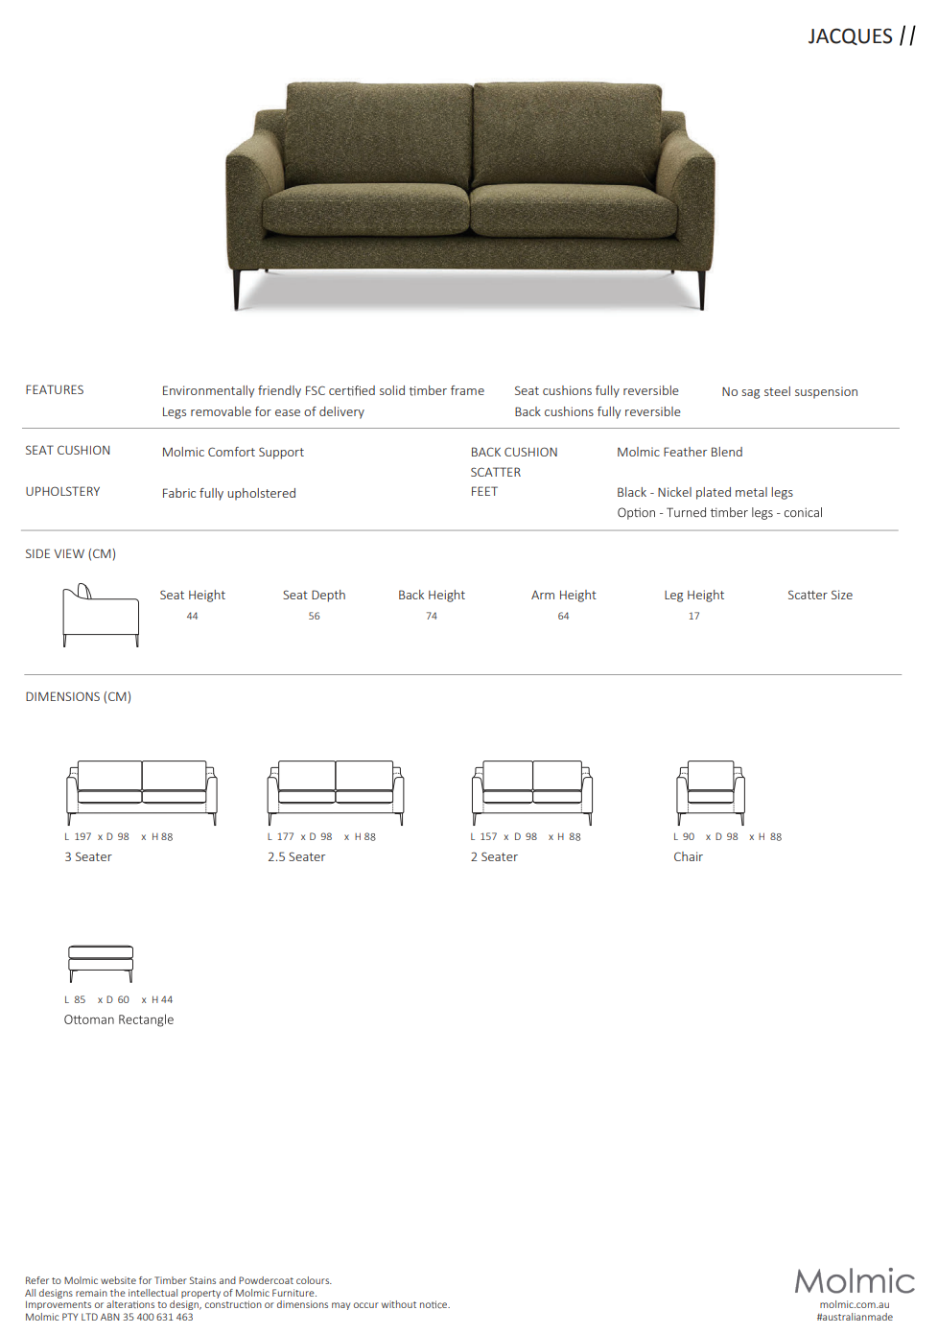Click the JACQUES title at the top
pyautogui.click(x=850, y=36)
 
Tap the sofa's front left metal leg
pyautogui.click(x=237, y=290)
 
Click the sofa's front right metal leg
pyautogui.click(x=702, y=291)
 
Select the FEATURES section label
pyautogui.click(x=55, y=390)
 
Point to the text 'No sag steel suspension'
pyautogui.click(x=789, y=391)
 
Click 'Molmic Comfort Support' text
pyautogui.click(x=233, y=452)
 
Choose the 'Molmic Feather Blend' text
pyautogui.click(x=679, y=452)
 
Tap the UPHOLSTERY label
pyautogui.click(x=62, y=492)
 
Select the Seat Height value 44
pyautogui.click(x=192, y=617)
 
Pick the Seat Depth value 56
pyautogui.click(x=314, y=617)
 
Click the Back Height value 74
pyautogui.click(x=432, y=617)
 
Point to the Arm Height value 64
pyautogui.click(x=563, y=617)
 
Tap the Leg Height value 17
pyautogui.click(x=693, y=617)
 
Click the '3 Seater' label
pyautogui.click(x=88, y=857)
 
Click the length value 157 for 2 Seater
pyautogui.click(x=489, y=837)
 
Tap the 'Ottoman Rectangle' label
pyautogui.click(x=119, y=1020)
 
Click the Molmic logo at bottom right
pyautogui.click(x=855, y=1281)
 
